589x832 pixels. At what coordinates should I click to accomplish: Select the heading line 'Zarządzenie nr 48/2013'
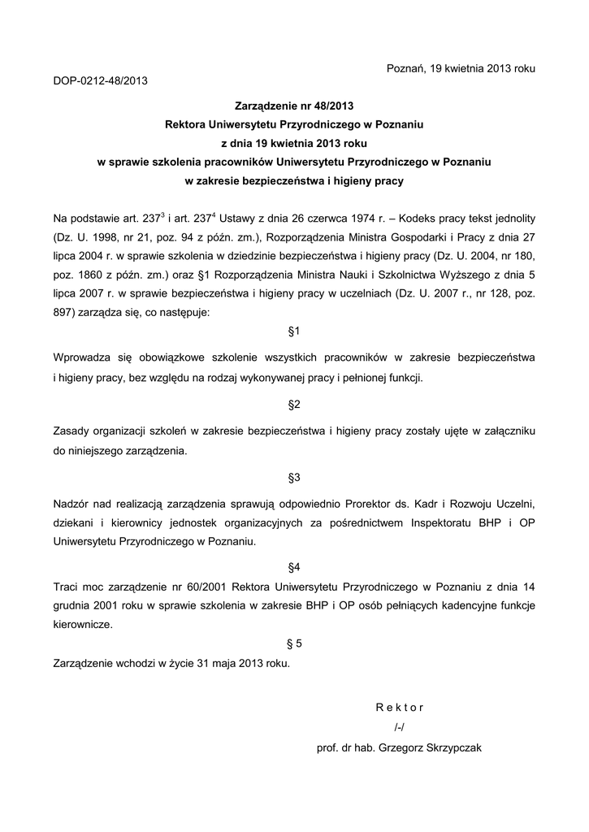[x=294, y=106]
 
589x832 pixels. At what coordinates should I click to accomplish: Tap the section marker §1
[x=294, y=331]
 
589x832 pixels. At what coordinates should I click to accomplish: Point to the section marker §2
[x=294, y=404]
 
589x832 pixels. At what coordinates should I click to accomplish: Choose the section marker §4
[x=294, y=565]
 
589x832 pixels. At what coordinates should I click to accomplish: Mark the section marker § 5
[x=294, y=643]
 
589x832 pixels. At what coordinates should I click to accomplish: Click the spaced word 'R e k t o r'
[x=400, y=707]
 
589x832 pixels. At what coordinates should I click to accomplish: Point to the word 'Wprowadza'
[x=80, y=357]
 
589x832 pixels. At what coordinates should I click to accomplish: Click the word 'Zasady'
[x=71, y=429]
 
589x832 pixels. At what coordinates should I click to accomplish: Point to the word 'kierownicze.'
[x=83, y=625]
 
